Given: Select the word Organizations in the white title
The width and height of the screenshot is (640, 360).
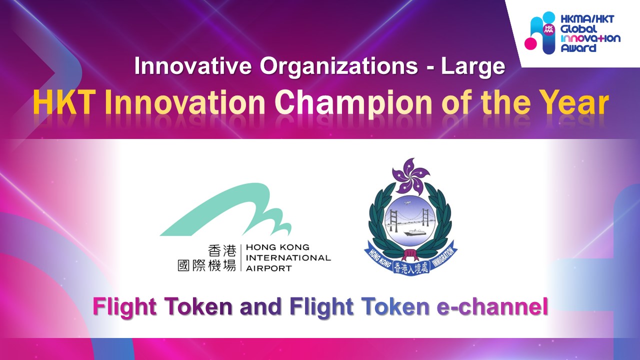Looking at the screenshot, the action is point(339,67).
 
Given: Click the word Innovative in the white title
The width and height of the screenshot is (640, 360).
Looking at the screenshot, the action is point(193,66).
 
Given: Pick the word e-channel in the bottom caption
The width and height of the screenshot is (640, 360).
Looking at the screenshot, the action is point(492,306).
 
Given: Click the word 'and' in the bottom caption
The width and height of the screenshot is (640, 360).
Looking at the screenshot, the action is point(261,306).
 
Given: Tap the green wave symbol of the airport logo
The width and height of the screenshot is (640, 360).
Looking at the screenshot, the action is point(225,210).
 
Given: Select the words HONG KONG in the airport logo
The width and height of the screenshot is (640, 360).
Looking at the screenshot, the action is point(277,247).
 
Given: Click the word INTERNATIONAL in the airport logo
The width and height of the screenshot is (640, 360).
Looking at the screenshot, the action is point(288,257).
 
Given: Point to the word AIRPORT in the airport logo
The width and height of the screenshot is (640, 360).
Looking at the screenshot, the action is point(269,268).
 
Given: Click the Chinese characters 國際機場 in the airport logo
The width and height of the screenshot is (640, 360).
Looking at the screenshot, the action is point(207,265).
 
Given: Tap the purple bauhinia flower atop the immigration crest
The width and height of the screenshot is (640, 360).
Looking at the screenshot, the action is point(411,175).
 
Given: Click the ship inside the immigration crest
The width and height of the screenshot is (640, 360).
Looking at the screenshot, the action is point(415,232).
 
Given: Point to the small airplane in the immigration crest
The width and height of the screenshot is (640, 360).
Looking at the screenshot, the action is point(407,203).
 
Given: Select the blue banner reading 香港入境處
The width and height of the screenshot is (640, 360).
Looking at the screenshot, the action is point(411,268).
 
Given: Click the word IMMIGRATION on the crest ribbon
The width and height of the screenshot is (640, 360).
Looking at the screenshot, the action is point(443,257).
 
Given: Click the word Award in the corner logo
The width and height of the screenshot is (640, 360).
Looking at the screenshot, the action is point(578,47).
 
